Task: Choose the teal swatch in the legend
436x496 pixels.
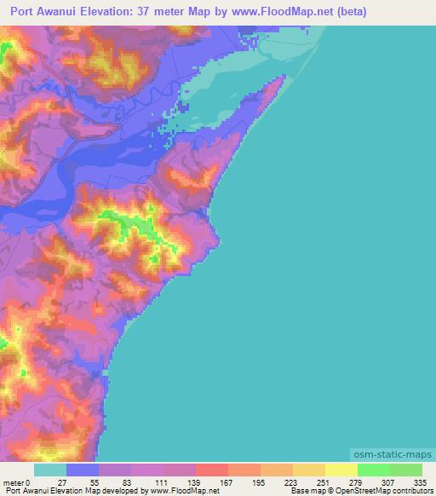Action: pos(50,470)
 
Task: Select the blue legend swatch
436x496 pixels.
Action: pos(83,470)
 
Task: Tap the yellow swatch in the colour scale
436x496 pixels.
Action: pos(341,470)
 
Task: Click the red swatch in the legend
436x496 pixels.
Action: pos(212,470)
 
